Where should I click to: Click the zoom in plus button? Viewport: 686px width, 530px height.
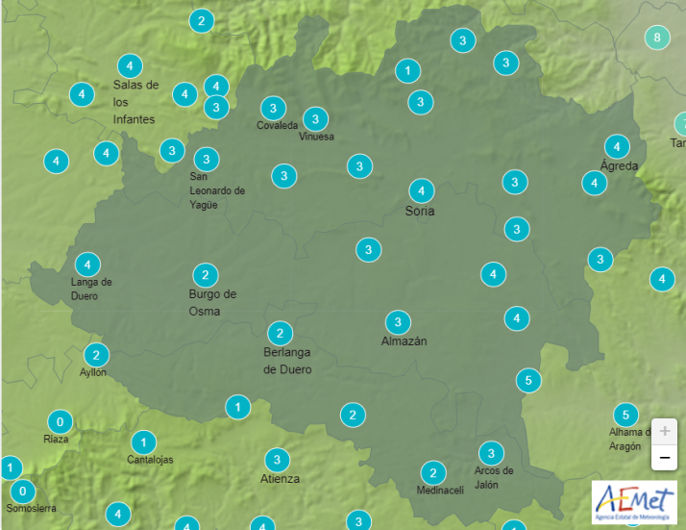tap(664, 431)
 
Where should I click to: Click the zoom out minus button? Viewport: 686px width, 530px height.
tap(664, 458)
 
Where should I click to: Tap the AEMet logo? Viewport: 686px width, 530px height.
tap(634, 502)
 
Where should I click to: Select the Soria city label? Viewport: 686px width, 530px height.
tap(420, 211)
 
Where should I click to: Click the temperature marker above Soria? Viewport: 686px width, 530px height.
tap(421, 190)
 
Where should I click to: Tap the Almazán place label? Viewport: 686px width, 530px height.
tap(404, 341)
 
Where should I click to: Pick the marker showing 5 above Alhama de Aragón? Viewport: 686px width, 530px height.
tap(625, 416)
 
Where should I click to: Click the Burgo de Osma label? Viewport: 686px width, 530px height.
tap(212, 302)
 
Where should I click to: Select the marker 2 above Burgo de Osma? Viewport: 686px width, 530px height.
tap(204, 274)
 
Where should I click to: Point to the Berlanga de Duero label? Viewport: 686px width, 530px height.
tap(287, 361)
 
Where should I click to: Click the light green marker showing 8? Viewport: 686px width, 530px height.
tap(657, 38)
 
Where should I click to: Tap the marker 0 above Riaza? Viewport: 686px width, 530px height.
tap(60, 421)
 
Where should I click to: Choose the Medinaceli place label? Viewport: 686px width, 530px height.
tap(440, 491)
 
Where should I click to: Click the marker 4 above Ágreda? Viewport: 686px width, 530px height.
tap(616, 146)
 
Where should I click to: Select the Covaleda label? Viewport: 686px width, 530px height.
tap(277, 126)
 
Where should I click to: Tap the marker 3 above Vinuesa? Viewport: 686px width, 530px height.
tap(315, 119)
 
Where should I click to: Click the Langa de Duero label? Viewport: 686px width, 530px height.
tap(91, 289)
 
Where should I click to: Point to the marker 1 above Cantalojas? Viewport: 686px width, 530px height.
tap(143, 442)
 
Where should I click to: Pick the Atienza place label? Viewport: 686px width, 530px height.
tap(280, 478)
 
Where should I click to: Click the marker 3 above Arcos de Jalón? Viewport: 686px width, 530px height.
tap(491, 453)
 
